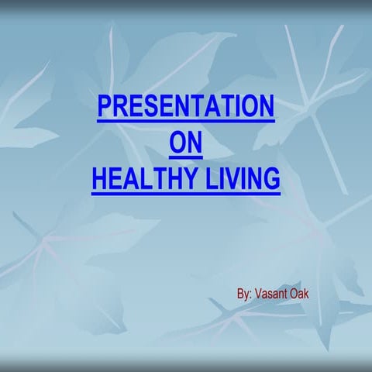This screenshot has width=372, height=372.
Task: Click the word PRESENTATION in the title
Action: point(185,106)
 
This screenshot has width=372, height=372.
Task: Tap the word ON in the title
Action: point(184,143)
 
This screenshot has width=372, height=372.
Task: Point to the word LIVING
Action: point(240,180)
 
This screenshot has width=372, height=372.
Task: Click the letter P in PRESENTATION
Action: point(105,106)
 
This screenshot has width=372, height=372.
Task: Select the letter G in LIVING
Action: point(270,180)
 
